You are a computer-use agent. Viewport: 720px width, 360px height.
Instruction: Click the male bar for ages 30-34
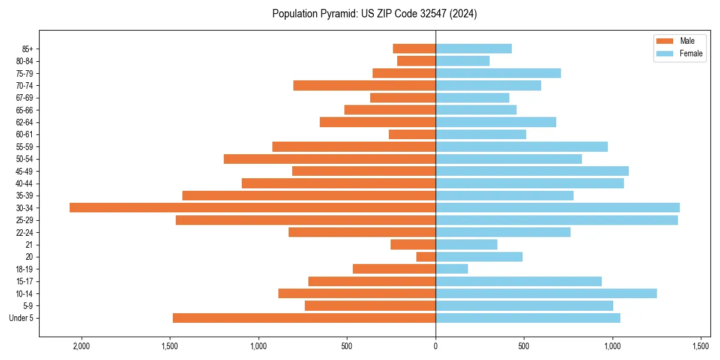pos(252,208)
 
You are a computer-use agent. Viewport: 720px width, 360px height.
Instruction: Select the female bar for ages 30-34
pos(557,208)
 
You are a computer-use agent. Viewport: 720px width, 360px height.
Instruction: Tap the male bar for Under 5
pos(304,318)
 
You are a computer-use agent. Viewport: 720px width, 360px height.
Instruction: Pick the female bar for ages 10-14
pos(546,293)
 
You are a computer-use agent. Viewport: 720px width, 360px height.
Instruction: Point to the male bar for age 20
pos(426,257)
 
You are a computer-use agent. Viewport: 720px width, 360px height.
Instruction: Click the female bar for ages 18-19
pos(452,269)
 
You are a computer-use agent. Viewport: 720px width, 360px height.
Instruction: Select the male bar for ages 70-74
pos(364,85)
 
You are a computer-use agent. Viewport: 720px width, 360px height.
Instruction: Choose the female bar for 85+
pos(473,49)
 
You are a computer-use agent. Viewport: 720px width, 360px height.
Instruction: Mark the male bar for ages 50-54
pos(329,159)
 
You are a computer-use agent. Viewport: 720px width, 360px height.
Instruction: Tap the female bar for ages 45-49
pos(532,171)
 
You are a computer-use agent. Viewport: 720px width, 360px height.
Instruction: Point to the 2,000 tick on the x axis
pos(81,346)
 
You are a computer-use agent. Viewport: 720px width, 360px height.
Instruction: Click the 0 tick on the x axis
pos(436,346)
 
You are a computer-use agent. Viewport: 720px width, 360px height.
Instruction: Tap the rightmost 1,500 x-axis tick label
pos(701,346)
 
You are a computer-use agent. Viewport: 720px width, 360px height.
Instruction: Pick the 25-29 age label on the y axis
pos(25,220)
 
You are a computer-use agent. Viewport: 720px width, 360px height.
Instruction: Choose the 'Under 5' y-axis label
pos(22,318)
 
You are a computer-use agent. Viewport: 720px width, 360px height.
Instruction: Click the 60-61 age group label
pos(25,134)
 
